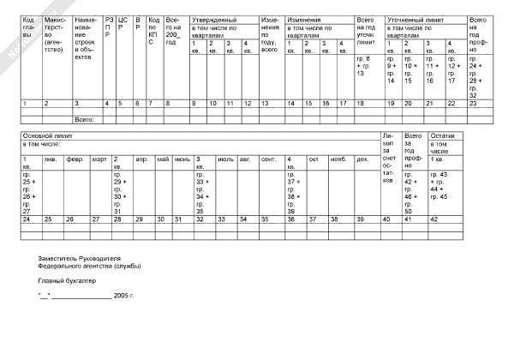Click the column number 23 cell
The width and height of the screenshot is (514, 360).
click(474, 104)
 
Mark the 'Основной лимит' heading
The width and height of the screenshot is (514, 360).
click(45, 136)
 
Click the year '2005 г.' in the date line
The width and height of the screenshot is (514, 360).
click(125, 295)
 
